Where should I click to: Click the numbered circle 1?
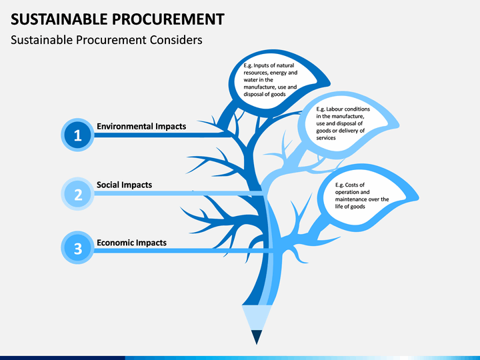coord(77,135)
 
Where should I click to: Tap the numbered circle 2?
coord(77,194)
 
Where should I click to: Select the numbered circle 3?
coord(77,247)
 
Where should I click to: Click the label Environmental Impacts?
coord(141,127)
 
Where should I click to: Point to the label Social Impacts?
coord(124,185)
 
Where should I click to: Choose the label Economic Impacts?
coord(131,243)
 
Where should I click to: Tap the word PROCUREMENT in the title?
coord(168,19)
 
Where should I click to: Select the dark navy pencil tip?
coord(257,337)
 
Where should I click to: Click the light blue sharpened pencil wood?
coord(257,317)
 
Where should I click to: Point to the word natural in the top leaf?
coord(285,65)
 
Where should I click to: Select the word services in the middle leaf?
coord(326,138)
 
